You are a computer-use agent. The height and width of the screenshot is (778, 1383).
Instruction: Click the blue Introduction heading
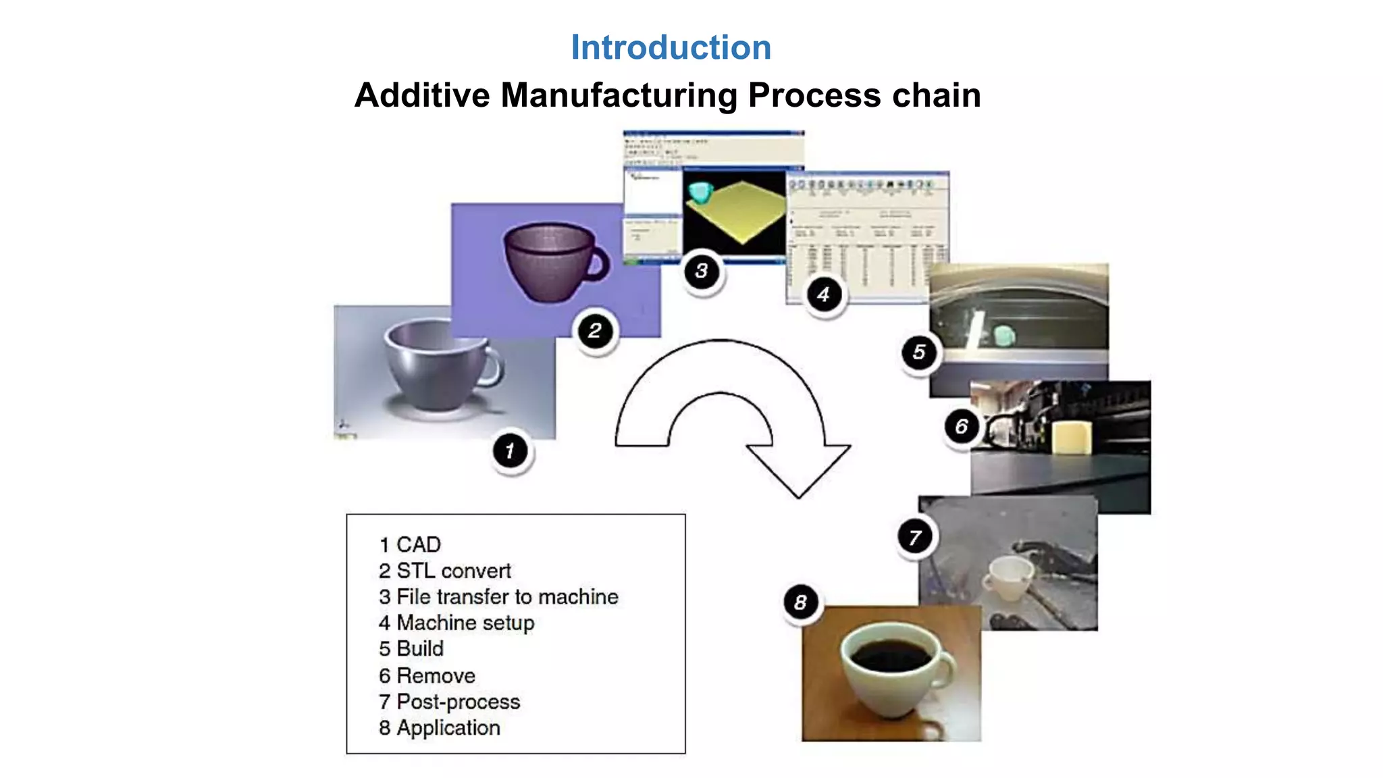(x=671, y=48)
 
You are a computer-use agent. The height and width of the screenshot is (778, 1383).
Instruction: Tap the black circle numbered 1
(x=511, y=450)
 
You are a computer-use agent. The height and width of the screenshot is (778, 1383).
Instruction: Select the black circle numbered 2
(x=595, y=331)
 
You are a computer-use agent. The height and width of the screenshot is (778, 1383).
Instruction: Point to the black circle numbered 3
(x=702, y=271)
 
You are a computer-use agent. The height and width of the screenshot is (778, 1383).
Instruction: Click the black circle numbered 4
(x=824, y=295)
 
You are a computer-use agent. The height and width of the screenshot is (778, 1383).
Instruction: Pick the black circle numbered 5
(x=919, y=353)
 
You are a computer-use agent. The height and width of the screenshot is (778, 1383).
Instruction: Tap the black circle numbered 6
(x=962, y=427)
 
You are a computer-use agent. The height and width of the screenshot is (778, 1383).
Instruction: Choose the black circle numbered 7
(x=915, y=538)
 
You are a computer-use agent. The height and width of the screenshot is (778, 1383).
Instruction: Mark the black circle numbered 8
(x=801, y=602)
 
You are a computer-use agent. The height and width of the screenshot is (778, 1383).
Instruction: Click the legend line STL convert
(x=446, y=571)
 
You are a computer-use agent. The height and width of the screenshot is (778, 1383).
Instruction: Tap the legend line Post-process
(x=451, y=702)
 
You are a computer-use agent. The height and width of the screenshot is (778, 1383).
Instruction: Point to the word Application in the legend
(x=448, y=728)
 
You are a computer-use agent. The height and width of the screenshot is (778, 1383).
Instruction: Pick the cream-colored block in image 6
(x=1072, y=437)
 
